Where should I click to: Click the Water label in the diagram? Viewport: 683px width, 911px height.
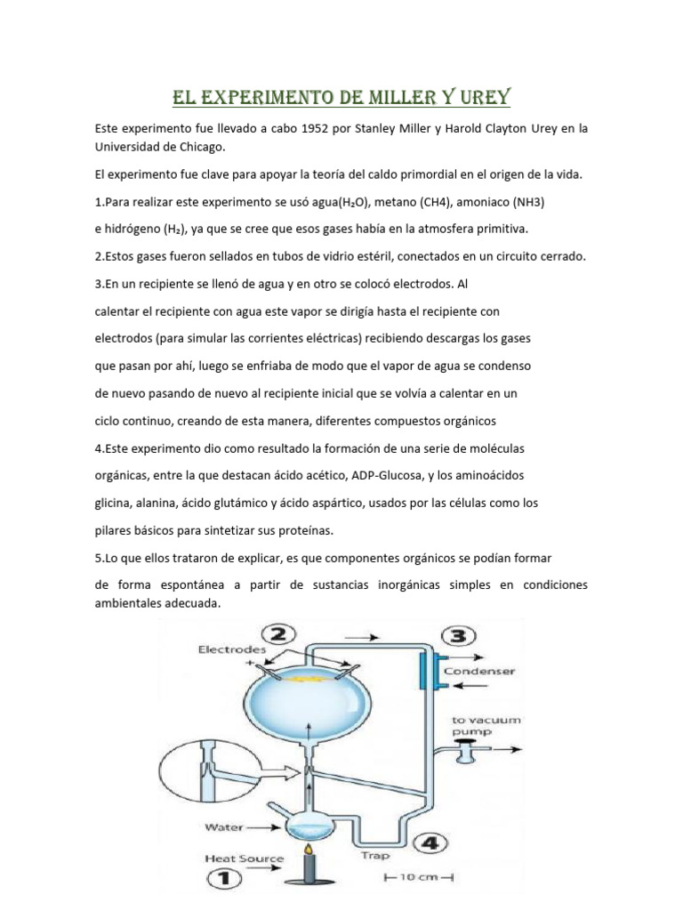tap(225, 826)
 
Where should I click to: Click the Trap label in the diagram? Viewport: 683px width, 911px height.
tap(376, 857)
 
